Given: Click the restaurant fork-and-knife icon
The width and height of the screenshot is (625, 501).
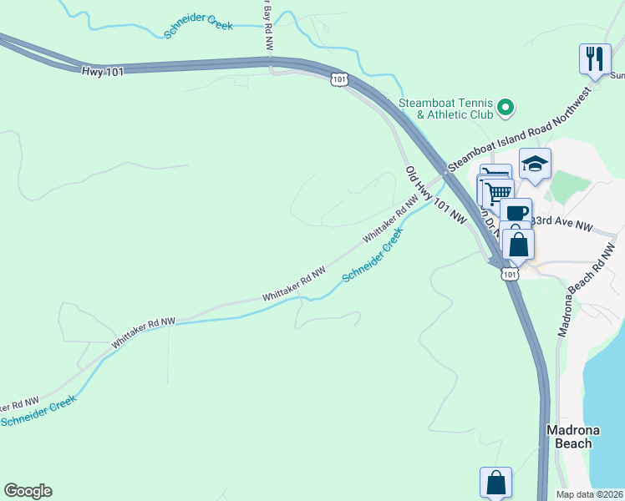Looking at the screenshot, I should (x=595, y=58).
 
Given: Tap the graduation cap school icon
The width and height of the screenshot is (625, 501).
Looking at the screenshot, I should (x=535, y=164).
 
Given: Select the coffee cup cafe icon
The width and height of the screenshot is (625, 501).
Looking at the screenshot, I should (x=516, y=213).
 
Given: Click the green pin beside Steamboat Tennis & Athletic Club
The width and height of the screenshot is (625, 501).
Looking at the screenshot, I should (x=505, y=107).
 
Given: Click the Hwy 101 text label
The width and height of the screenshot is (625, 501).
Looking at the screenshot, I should (x=103, y=72).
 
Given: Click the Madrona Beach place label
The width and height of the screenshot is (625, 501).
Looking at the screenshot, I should (x=569, y=437).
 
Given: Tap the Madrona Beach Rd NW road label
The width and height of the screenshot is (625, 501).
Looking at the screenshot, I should (x=588, y=289).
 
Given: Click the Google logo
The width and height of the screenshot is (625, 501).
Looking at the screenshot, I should (x=28, y=491).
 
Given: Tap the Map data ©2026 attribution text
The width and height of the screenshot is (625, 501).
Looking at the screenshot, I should (x=590, y=494).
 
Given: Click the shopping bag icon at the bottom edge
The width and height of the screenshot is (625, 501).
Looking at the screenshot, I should (x=495, y=483).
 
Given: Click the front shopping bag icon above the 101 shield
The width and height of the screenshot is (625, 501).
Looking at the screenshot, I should (x=519, y=245).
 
